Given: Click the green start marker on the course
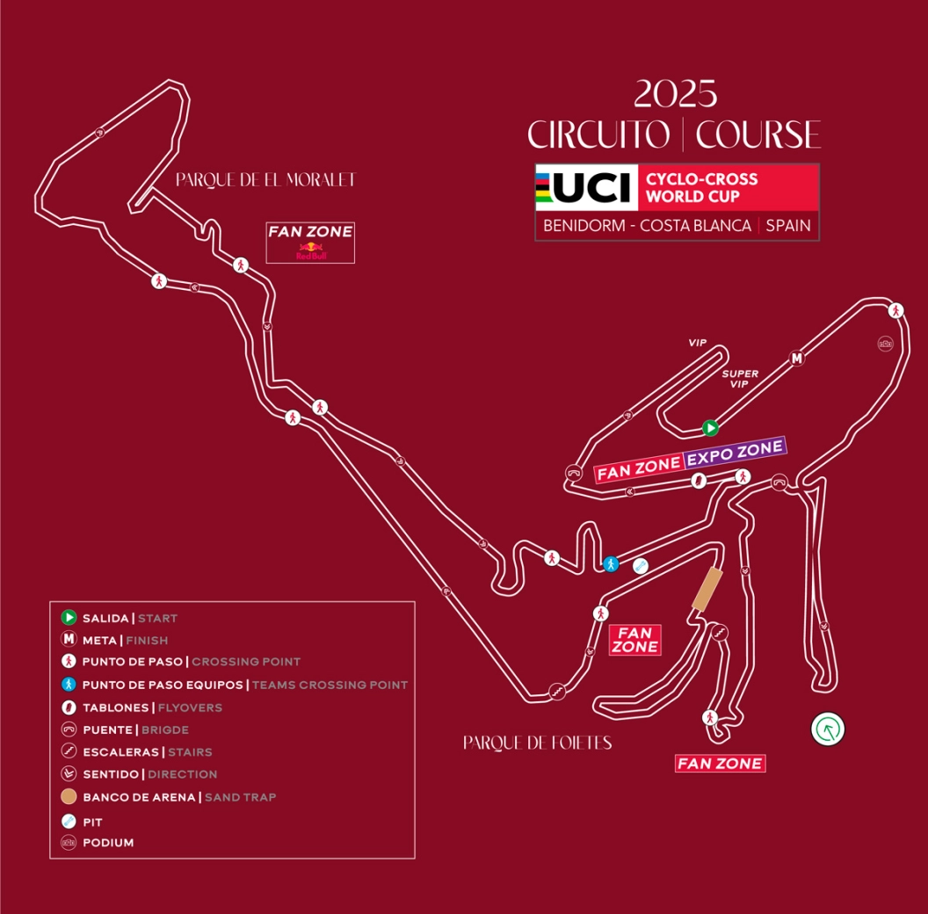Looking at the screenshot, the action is [x=710, y=428].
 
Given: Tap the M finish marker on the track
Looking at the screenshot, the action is [x=797, y=358].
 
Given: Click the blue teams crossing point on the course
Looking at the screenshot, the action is [x=611, y=563].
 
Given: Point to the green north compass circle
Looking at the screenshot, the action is [x=828, y=729].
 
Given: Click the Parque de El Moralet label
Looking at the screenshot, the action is [x=265, y=180].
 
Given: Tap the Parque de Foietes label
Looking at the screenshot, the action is [x=537, y=744].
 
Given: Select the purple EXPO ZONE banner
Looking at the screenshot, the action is [x=735, y=449].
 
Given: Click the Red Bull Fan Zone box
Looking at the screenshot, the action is [x=310, y=242].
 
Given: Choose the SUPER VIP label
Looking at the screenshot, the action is [x=740, y=379].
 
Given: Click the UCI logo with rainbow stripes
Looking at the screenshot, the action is [x=586, y=187].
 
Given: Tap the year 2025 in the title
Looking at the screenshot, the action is [x=675, y=93].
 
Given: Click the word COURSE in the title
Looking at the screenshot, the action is [x=758, y=135].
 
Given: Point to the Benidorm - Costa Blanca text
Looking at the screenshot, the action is [x=647, y=226].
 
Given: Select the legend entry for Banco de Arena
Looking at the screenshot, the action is [x=179, y=797].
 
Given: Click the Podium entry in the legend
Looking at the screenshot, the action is [x=107, y=843].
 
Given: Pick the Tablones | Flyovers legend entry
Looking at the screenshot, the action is [x=152, y=707].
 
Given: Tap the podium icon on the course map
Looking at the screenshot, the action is [x=885, y=344].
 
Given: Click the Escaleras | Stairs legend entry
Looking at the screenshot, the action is [x=147, y=752].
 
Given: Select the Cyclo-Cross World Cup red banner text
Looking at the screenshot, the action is [x=701, y=187].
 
